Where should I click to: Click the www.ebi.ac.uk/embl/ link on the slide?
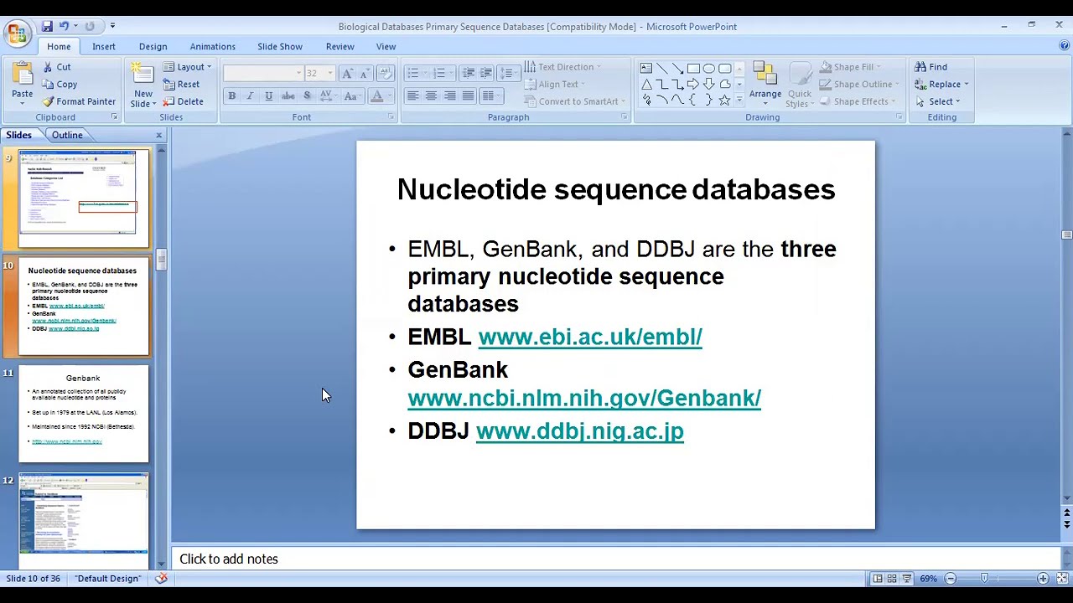click(589, 337)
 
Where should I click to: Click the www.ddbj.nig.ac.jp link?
click(579, 431)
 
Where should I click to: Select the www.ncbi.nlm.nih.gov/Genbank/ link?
click(583, 399)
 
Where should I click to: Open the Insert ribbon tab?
click(104, 47)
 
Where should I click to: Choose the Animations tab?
click(212, 47)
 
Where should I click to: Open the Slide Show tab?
click(279, 47)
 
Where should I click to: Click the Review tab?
click(340, 47)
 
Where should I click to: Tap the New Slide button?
click(143, 85)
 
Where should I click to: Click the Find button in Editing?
click(931, 67)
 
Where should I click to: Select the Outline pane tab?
click(67, 135)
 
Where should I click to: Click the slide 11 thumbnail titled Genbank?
click(83, 414)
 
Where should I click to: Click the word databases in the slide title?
click(763, 189)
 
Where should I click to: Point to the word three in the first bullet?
click(808, 250)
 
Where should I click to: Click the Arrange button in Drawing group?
click(765, 84)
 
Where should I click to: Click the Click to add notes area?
click(228, 559)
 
